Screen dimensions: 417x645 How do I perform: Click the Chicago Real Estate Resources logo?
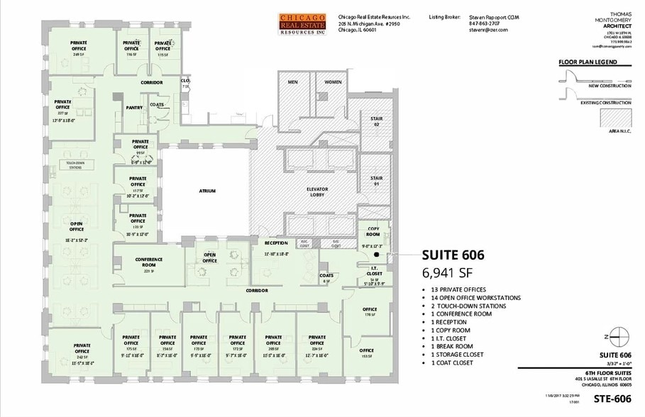point(302,24)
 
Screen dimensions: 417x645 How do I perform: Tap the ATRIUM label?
point(207,191)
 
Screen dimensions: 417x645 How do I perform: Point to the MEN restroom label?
point(292,82)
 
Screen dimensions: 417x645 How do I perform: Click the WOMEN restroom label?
point(333,82)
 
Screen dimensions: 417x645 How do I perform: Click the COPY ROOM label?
point(373,232)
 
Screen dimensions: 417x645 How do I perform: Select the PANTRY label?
point(135,108)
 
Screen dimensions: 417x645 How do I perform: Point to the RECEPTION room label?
point(276,243)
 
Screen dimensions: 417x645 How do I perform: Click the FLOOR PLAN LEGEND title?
point(587,62)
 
